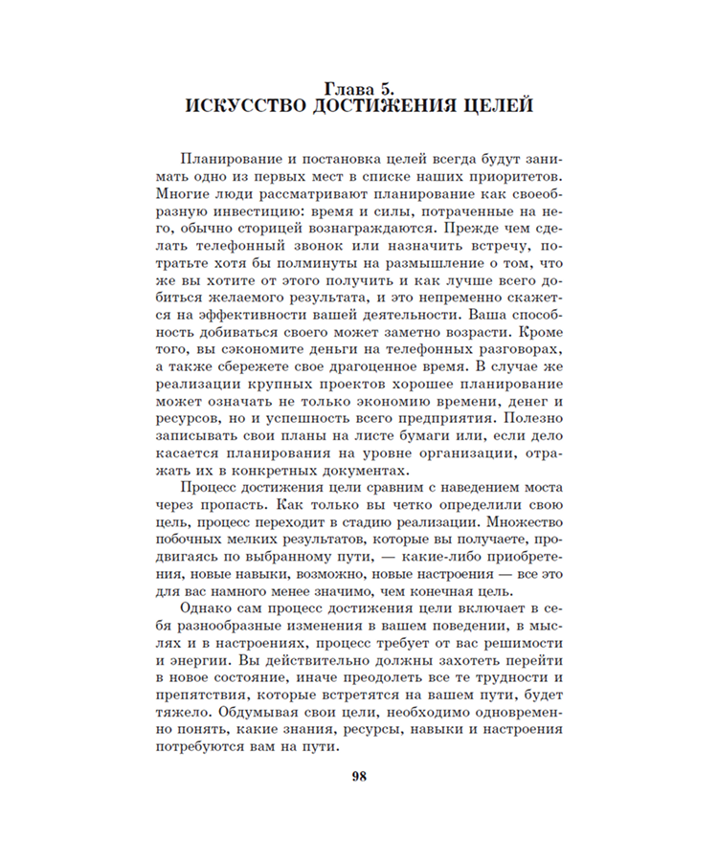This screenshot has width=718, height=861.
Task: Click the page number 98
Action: click(x=359, y=776)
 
